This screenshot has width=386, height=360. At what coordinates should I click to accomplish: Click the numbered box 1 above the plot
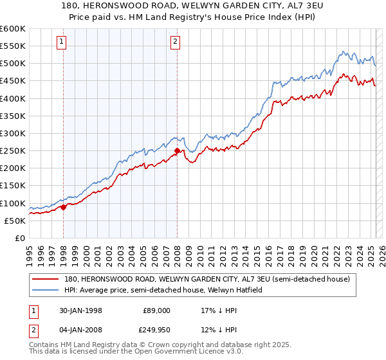pyautogui.click(x=62, y=42)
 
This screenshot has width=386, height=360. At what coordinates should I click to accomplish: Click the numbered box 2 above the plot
pyautogui.click(x=175, y=42)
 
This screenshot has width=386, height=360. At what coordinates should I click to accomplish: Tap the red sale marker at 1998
pyautogui.click(x=64, y=207)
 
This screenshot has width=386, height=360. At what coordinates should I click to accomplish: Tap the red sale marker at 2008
pyautogui.click(x=177, y=151)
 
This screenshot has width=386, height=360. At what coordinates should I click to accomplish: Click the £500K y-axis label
pyautogui.click(x=12, y=63)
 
